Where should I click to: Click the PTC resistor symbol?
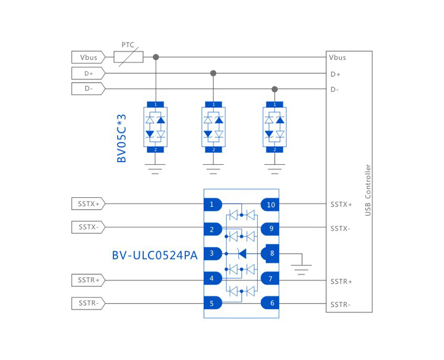pos(129,57)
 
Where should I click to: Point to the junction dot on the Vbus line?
pos(156,57)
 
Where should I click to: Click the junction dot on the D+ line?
pos(213,73)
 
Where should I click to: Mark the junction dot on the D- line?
pos(275,89)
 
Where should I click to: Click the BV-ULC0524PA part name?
pos(154,255)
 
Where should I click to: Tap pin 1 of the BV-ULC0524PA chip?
pos(212,204)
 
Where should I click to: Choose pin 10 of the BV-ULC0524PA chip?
pos(270,204)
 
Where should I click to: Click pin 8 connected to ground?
pos(271,253)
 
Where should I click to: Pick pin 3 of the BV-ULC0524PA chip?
pos(212,253)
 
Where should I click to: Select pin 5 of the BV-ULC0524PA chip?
pos(212,303)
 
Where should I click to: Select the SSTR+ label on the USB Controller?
pos(342,281)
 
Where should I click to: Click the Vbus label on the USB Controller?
pos(338,58)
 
